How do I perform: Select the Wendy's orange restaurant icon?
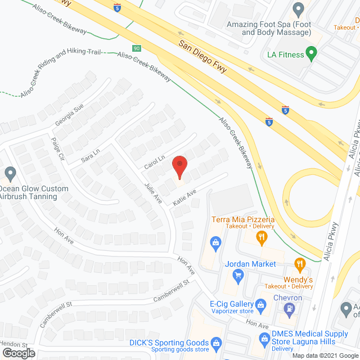click(x=300, y=263)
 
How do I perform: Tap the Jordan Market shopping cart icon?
click(x=238, y=275)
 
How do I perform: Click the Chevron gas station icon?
click(x=289, y=308)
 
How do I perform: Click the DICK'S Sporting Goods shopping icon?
click(x=215, y=342)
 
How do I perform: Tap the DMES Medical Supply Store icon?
click(x=262, y=338)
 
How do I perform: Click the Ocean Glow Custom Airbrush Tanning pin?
click(x=10, y=173)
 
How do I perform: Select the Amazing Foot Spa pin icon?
click(x=299, y=8)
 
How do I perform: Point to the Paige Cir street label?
click(x=56, y=148)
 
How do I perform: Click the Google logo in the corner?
click(x=19, y=353)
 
